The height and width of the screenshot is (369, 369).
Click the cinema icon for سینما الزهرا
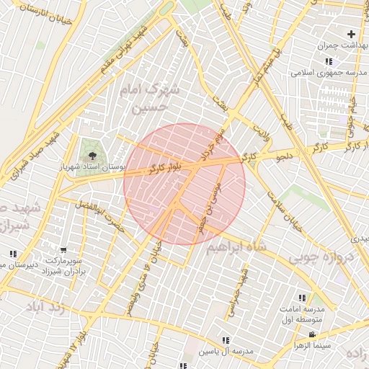point(311,334)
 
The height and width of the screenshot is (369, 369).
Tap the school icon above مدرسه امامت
point(301,298)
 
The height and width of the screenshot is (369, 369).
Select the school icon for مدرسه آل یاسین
point(226,340)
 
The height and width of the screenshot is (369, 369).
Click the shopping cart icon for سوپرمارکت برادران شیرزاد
point(63,249)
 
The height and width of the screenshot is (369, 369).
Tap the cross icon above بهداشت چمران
point(351,34)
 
